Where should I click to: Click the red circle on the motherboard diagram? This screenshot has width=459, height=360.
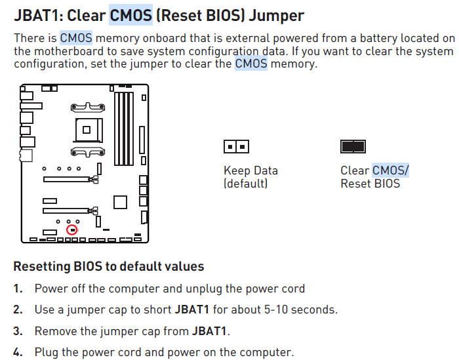pyautogui.click(x=72, y=230)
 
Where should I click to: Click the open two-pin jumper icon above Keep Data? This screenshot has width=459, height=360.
pyautogui.click(x=236, y=146)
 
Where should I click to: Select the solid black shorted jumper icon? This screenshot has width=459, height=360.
pyautogui.click(x=353, y=146)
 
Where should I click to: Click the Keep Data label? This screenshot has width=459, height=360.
pyautogui.click(x=250, y=170)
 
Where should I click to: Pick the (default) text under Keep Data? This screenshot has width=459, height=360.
pyautogui.click(x=246, y=184)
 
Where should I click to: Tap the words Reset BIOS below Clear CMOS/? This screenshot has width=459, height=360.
pyautogui.click(x=370, y=184)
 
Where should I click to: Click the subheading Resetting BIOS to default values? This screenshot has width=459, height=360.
pyautogui.click(x=109, y=267)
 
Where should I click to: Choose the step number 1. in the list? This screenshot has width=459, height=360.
pyautogui.click(x=18, y=289)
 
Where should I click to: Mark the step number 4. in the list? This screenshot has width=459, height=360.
pyautogui.click(x=18, y=352)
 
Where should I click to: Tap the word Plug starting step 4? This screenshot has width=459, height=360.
pyautogui.click(x=47, y=352)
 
